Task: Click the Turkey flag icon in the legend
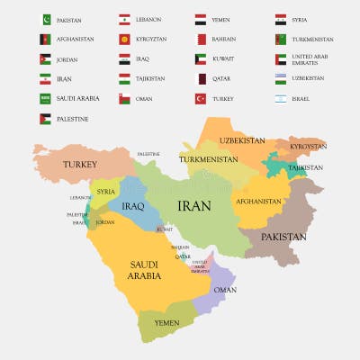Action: [201, 98]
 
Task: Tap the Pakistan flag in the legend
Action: [45, 19]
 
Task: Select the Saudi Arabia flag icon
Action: [45, 98]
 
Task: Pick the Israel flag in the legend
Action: [281, 98]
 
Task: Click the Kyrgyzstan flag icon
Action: [123, 39]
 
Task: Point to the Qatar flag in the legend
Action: [201, 78]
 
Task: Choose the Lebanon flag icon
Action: [123, 19]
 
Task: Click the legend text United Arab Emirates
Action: [312, 58]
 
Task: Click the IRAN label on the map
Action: [194, 206]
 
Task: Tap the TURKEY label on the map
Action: [79, 165]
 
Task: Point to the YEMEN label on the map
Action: [166, 322]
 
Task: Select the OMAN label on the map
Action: [225, 290]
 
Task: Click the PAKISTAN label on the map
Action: [283, 237]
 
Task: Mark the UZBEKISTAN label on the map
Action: [241, 140]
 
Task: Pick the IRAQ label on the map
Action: [133, 206]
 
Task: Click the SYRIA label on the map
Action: [106, 191]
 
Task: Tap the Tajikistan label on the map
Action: [305, 167]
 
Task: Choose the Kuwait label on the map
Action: [164, 229]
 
